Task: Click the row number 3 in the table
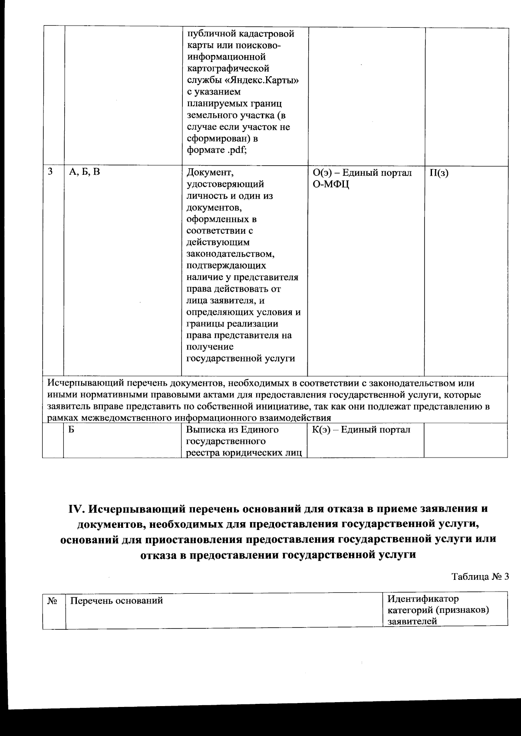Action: pos(50,172)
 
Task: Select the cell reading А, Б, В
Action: pos(84,172)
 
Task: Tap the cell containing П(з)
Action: pos(439,173)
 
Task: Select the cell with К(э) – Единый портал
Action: pos(361,430)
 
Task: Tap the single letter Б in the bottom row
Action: pos(72,430)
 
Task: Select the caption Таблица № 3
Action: pos(480,577)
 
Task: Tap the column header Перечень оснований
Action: pos(116,601)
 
